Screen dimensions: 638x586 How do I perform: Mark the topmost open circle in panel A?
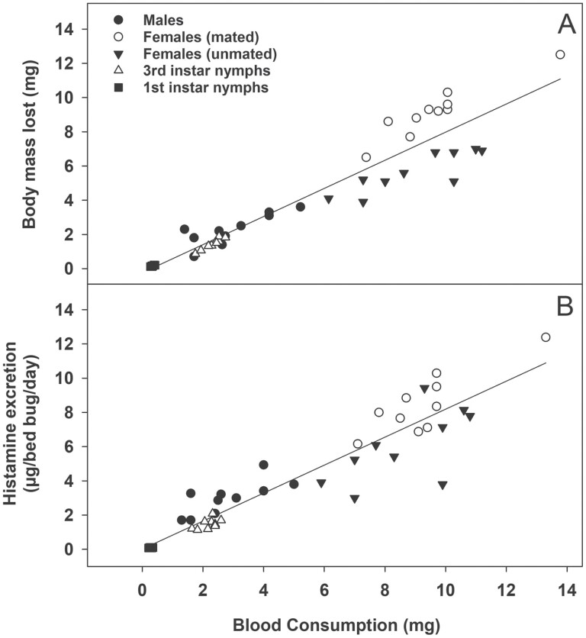[x=560, y=54]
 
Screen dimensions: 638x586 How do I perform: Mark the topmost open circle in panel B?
[x=546, y=337]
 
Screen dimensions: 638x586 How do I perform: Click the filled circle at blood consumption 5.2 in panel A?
[x=301, y=207]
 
